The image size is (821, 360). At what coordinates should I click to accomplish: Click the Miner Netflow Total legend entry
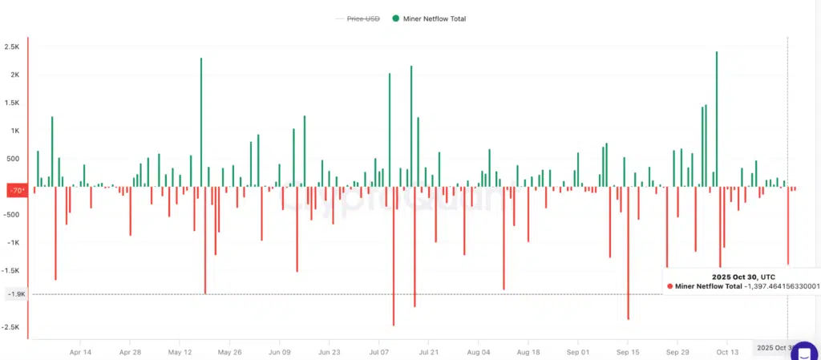pos(430,18)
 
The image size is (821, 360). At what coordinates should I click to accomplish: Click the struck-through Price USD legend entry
pos(363,18)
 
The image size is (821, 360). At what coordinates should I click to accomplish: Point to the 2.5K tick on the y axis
pos(11,47)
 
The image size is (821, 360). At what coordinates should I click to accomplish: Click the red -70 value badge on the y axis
pos(16,190)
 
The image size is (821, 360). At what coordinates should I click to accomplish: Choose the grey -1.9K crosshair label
pos(16,294)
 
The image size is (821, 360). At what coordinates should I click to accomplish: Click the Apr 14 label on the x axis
pos(80,351)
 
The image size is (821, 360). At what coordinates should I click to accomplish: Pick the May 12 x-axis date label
pos(180,351)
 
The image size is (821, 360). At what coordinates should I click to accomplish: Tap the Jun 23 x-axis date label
pos(330,351)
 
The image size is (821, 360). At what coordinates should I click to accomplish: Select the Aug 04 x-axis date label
pos(478,351)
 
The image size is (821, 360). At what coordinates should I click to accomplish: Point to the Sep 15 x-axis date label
pos(628,351)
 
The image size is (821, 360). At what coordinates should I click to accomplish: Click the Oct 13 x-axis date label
pos(727,351)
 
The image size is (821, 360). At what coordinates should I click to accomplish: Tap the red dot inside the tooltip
pos(670,285)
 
